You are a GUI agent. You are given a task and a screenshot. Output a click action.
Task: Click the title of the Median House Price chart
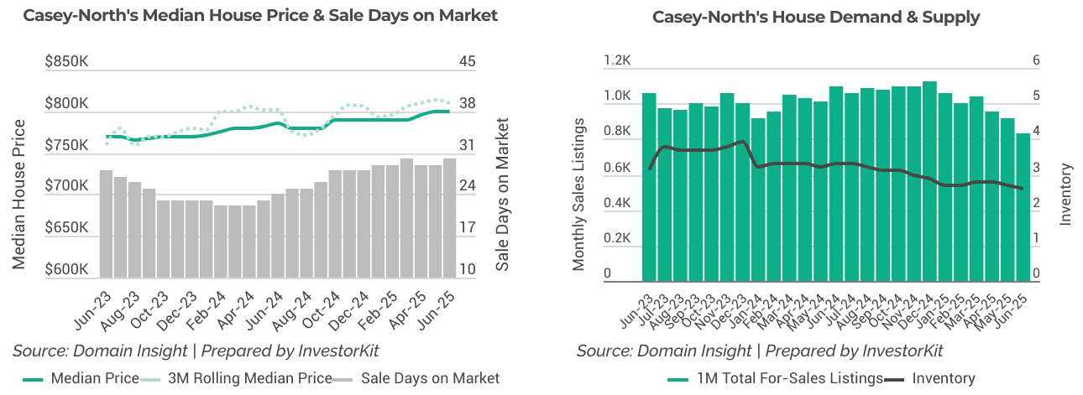(259, 16)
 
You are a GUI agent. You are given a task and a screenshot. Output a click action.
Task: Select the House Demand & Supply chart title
(815, 17)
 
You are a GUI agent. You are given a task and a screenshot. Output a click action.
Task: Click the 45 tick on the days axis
(468, 61)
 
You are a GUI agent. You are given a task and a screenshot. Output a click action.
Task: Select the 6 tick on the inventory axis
(1036, 60)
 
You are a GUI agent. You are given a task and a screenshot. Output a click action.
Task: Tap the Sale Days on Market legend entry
(417, 378)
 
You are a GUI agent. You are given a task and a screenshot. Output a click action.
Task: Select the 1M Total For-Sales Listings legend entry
(777, 378)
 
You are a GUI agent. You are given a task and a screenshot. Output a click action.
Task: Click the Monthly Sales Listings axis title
(579, 193)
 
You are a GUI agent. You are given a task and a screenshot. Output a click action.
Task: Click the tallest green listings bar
(929, 181)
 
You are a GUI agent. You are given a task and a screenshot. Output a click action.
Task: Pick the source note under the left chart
(196, 351)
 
